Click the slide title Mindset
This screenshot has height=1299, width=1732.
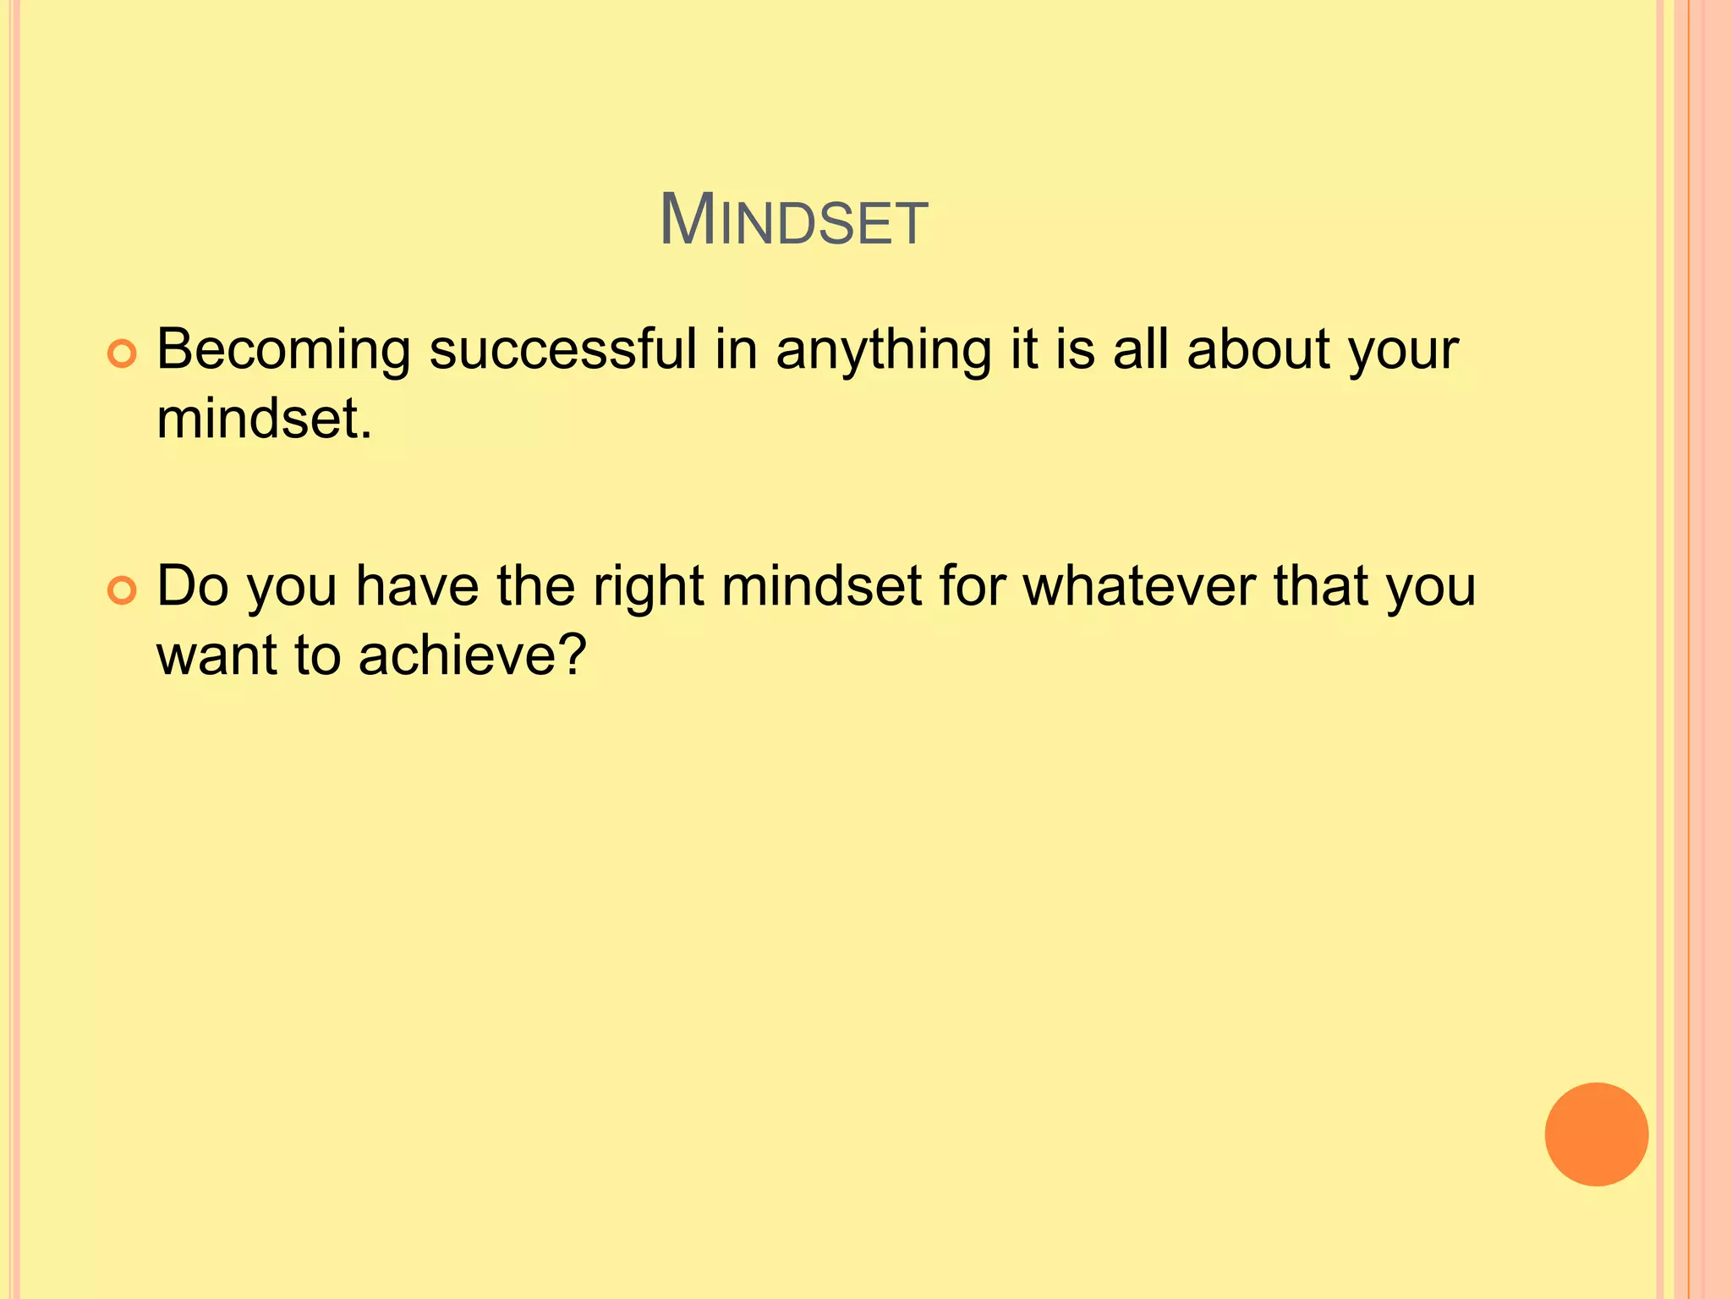793,222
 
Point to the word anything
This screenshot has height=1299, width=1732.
884,350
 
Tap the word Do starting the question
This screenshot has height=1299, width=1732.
193,585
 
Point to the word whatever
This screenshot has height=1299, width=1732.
1139,585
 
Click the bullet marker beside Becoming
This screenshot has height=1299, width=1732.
123,354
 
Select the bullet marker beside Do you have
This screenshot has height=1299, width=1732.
123,591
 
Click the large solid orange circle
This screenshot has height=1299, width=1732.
1596,1134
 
